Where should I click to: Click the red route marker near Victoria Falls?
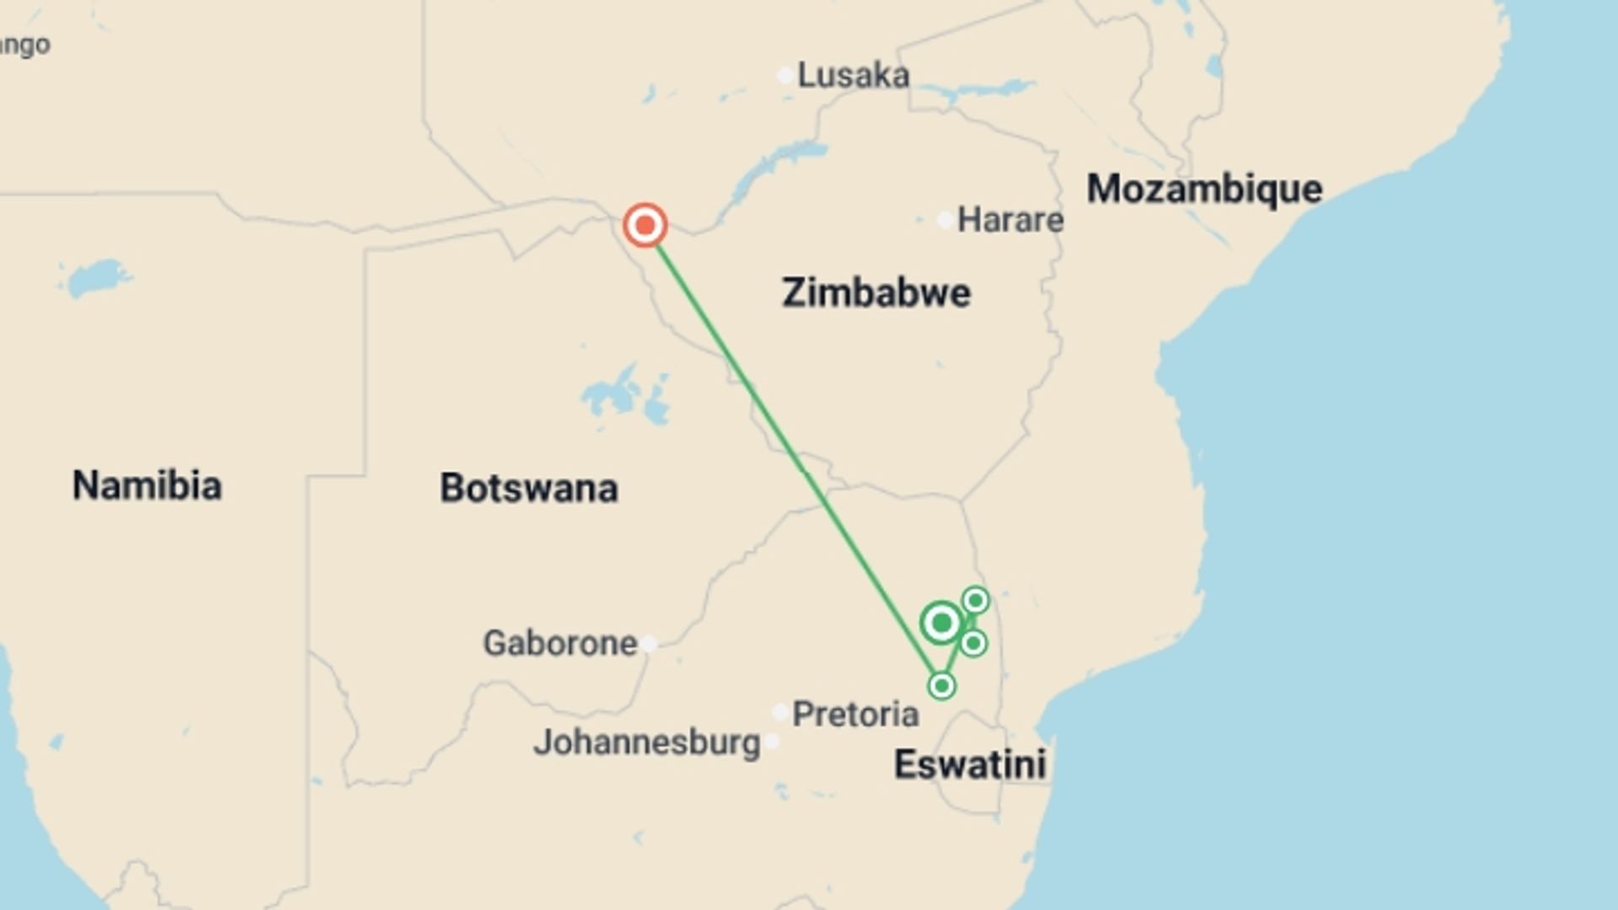point(645,225)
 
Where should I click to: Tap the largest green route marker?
point(941,624)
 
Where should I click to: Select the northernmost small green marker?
point(975,600)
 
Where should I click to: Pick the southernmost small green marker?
point(941,685)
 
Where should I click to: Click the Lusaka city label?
point(853,76)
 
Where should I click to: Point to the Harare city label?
point(1010,220)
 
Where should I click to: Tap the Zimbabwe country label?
point(876,293)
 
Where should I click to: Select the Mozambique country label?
point(1204,189)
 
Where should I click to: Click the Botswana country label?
point(528,488)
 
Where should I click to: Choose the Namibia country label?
point(147,485)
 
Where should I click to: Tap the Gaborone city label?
point(560,644)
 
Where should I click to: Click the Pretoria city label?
point(855,715)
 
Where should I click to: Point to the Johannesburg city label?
point(646,742)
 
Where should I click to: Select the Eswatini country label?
point(969,765)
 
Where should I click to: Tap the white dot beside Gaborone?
point(648,645)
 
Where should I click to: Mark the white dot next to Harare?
point(946,221)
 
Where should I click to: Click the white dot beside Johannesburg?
point(771,742)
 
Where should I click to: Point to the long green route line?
point(792,455)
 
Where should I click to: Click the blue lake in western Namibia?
point(98,276)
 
